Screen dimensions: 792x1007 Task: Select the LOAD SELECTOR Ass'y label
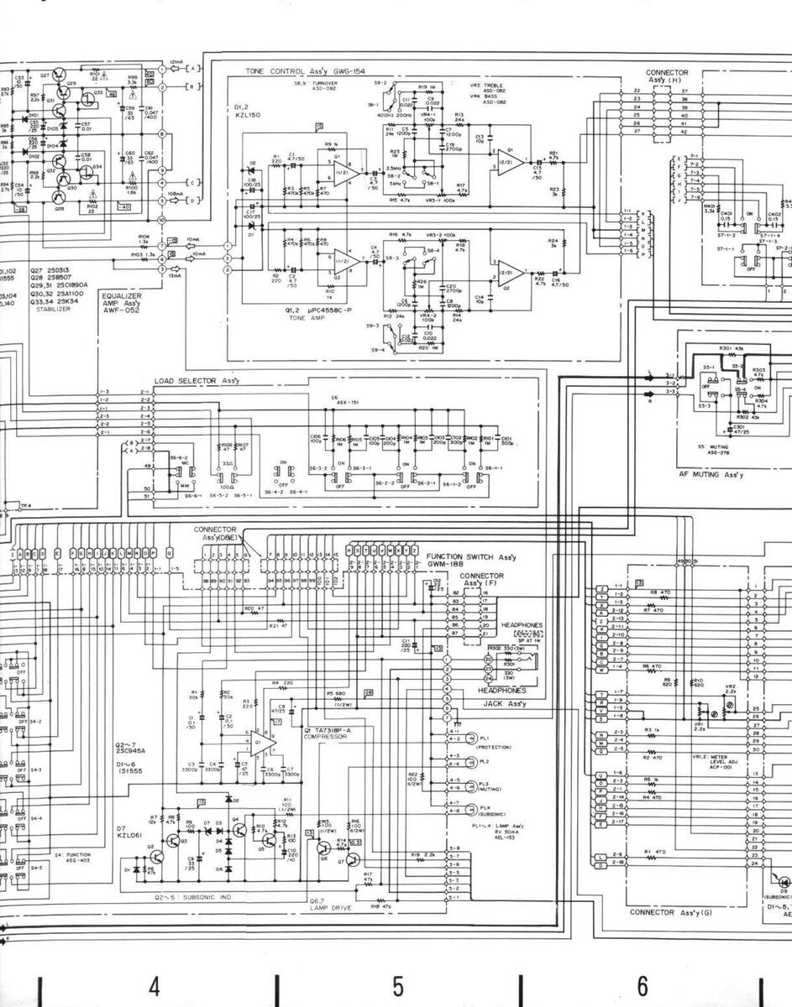point(197,381)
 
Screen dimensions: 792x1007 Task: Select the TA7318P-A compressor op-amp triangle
point(261,742)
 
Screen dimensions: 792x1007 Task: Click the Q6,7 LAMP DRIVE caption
point(328,903)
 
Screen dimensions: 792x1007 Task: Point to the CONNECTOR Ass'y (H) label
point(667,76)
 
